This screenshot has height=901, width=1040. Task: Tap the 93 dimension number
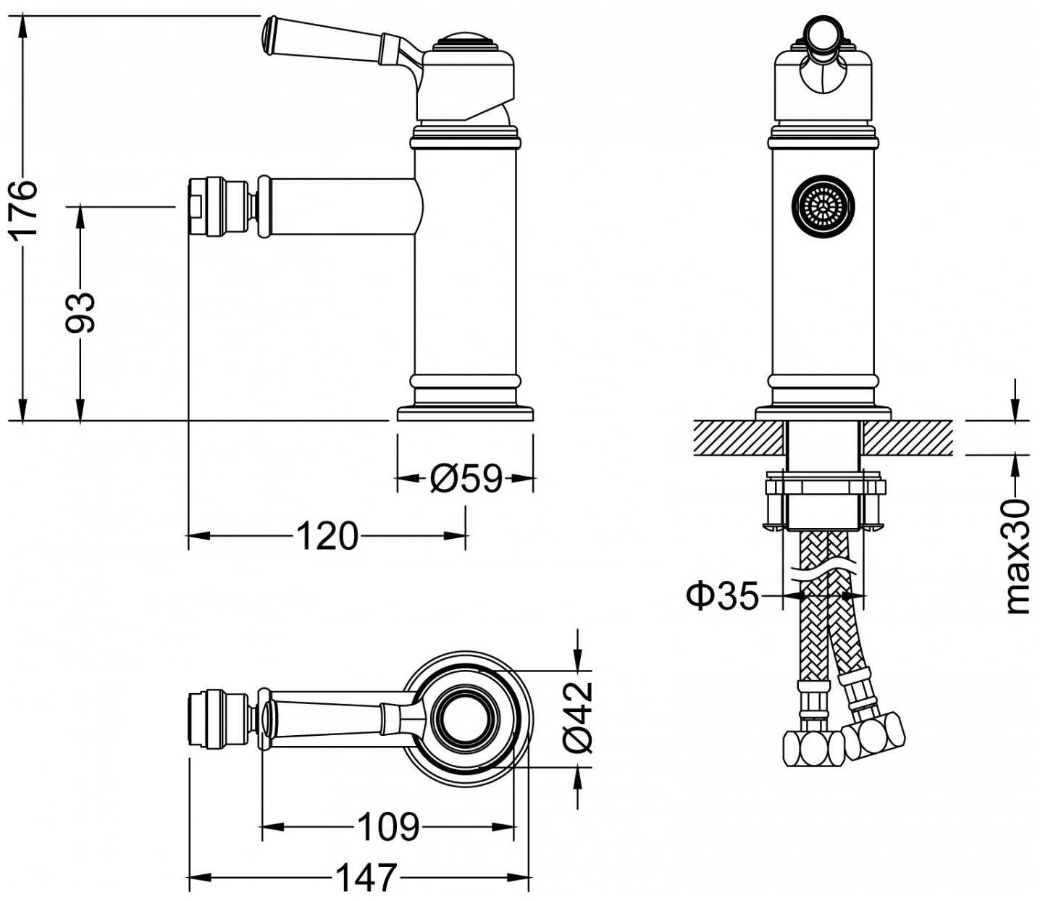(80, 312)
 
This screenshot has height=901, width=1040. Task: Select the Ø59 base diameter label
(465, 478)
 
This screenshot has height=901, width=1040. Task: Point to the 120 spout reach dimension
(327, 536)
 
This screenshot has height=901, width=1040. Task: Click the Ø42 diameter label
(579, 716)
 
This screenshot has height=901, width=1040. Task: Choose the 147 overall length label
(366, 878)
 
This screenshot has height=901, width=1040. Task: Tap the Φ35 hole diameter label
(721, 596)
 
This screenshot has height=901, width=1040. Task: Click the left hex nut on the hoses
(813, 747)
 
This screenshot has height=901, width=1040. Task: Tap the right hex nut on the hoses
(873, 735)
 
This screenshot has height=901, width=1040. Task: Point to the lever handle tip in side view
(270, 35)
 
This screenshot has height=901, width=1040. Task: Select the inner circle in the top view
(466, 719)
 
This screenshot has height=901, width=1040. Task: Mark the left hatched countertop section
(739, 437)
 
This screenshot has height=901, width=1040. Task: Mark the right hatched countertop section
(907, 437)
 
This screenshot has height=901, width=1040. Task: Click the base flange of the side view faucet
(465, 414)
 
